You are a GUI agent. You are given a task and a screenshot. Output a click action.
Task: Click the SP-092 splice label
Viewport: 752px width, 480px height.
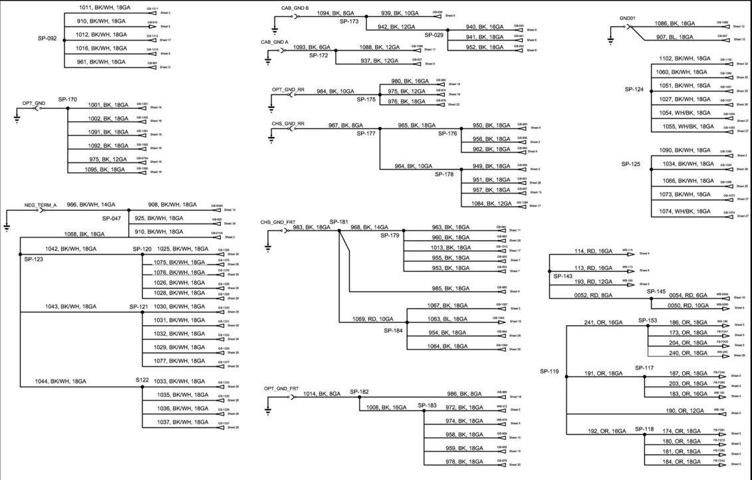coord(47,39)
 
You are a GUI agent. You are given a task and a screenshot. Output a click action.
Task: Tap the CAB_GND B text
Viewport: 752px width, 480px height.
coord(295,7)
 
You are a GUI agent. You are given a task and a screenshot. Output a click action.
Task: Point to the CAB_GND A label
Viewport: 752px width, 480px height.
coord(275,42)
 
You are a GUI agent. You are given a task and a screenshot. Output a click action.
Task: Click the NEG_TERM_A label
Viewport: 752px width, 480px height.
coord(41,205)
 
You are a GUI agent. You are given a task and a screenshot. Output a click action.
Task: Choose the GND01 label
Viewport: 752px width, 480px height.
coord(627,19)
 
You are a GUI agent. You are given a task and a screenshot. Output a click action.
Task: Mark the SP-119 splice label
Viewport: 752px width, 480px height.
coord(550,371)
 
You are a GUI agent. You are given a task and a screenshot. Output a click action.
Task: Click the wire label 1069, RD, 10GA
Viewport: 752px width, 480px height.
coord(372,319)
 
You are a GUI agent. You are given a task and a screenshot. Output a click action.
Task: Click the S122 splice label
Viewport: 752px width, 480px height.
coord(142,381)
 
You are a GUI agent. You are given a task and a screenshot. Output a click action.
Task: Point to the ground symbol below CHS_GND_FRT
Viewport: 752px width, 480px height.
coord(268,248)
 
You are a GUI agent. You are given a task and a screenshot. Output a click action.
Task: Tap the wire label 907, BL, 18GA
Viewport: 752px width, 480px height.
coord(675,37)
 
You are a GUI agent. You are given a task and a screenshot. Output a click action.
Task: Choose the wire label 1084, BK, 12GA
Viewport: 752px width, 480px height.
coord(491,203)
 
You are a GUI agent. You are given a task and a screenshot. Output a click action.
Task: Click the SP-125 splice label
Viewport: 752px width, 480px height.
coord(634,164)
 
